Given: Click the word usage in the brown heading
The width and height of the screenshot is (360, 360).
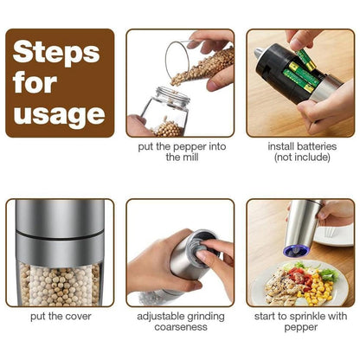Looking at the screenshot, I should click(x=60, y=112).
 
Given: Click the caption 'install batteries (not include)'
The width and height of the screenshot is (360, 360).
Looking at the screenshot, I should click(x=299, y=151).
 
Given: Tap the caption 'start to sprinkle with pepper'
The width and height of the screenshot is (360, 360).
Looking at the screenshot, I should click(x=299, y=323).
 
